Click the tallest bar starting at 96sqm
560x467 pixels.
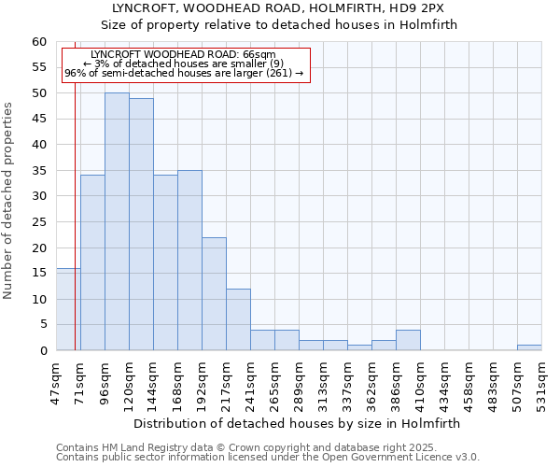click(x=117, y=221)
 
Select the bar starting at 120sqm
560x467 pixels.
click(x=141, y=224)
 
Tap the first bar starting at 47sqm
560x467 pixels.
click(x=68, y=309)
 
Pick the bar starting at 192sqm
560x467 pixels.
click(x=214, y=293)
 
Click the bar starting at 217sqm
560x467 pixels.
click(x=238, y=319)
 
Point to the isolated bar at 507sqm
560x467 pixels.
click(x=529, y=347)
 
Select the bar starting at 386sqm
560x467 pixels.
click(x=408, y=340)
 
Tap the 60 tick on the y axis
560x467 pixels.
click(x=39, y=42)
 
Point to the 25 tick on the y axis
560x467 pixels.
click(x=39, y=222)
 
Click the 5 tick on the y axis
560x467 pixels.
click(x=43, y=325)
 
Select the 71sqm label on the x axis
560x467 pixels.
click(x=80, y=380)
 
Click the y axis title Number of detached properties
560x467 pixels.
click(x=9, y=201)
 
